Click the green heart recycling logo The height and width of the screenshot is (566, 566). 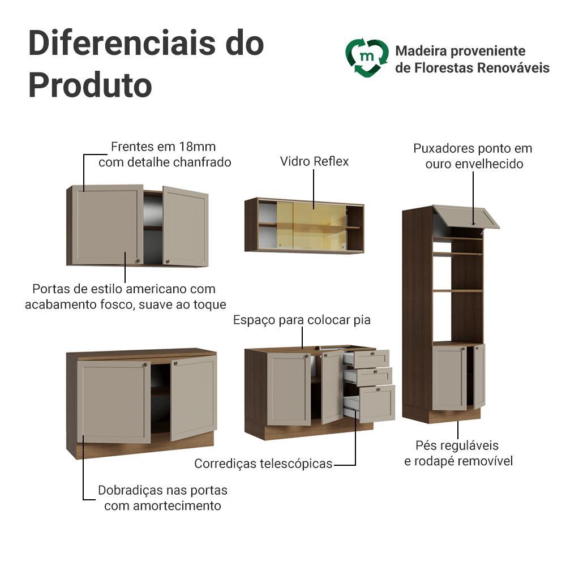pos(367,58)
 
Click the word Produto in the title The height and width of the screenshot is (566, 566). pos(90,85)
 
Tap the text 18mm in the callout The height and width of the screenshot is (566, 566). pos(198,147)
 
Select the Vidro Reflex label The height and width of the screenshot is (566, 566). pos(314,161)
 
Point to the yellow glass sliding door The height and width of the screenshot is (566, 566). pos(312,226)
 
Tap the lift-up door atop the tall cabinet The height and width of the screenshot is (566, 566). pos(466,216)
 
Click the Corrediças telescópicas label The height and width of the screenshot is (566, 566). pos(263,464)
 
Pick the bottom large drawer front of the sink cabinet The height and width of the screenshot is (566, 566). pos(377,403)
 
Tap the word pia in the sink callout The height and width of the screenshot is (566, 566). pos(362,320)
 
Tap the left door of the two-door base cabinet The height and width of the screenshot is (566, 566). pos(114,401)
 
